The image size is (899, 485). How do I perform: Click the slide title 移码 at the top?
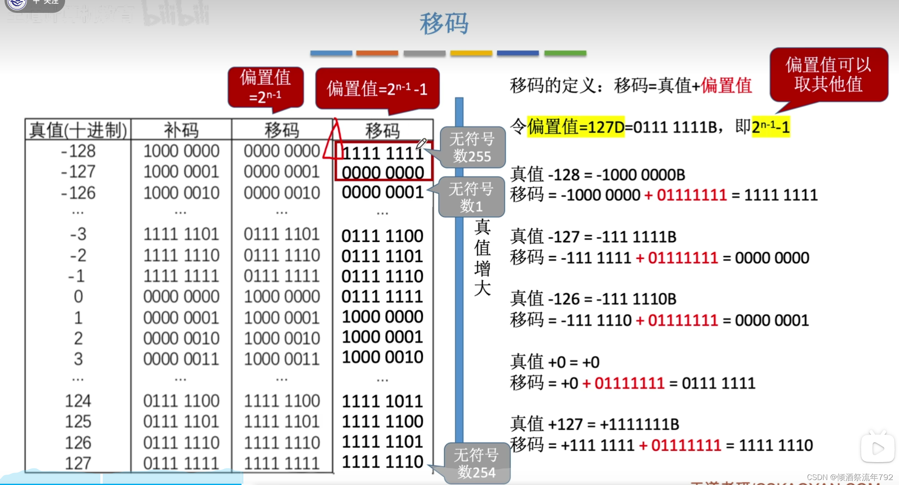point(444,24)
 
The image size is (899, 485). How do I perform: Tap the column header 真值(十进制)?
point(78,130)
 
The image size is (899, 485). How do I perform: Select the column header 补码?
point(181,130)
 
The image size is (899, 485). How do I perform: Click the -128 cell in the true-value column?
point(78,151)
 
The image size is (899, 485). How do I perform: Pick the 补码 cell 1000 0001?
point(181,172)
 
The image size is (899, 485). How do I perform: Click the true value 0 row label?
point(78,297)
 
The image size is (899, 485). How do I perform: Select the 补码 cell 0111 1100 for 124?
point(181,401)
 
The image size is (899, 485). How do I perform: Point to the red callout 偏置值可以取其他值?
point(829,75)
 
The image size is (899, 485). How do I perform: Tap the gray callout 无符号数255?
point(472,147)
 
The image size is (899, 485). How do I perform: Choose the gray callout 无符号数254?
point(476,463)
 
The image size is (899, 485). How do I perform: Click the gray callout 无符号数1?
point(471,197)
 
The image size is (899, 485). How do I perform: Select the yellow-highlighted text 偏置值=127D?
point(576,127)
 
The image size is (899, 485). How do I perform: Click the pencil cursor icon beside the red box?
point(421,144)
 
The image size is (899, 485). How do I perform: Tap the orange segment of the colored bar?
point(377,53)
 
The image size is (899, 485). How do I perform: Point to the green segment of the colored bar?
point(565,53)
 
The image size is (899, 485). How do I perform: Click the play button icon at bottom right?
point(877,448)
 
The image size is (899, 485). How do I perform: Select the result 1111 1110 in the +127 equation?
point(776,446)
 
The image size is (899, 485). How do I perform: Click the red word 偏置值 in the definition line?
point(726,86)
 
